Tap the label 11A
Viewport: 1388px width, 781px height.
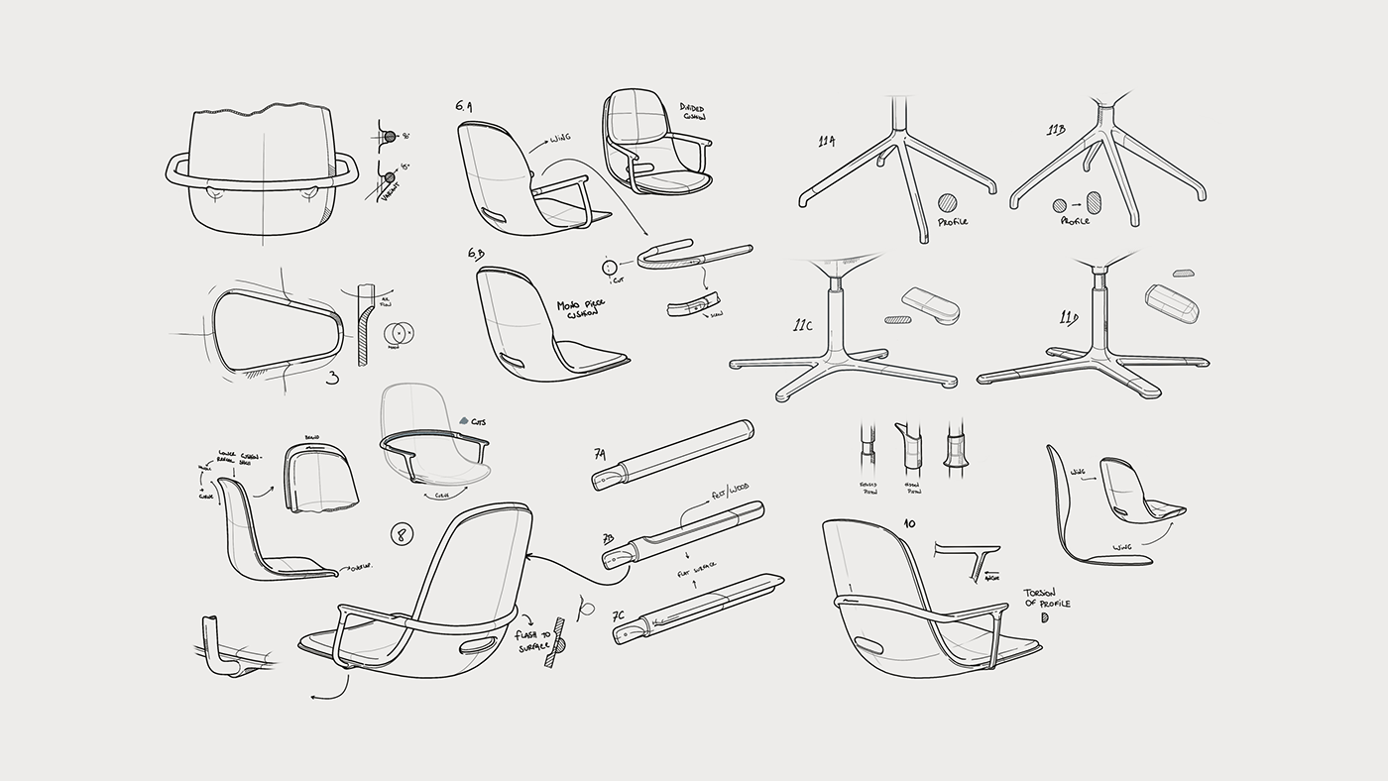[x=826, y=142]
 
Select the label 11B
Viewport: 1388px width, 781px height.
[x=1056, y=130]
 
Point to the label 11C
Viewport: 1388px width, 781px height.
[x=803, y=324]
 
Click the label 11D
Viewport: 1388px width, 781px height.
[x=1068, y=318]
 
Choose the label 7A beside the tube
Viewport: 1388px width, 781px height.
[x=600, y=454]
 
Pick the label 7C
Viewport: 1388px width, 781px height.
[x=618, y=615]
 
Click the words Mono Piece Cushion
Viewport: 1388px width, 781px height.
[x=582, y=311]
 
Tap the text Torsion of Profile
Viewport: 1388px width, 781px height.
[x=1048, y=599]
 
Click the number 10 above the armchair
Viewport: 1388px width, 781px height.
[x=908, y=522]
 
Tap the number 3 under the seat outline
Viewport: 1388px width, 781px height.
[x=333, y=378]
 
